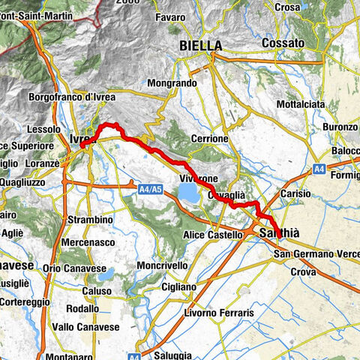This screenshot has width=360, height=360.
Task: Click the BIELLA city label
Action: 201,46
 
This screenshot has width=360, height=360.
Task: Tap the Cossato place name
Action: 283,44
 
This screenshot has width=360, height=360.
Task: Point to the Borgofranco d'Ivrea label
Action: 82,97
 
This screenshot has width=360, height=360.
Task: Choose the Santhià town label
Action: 279,235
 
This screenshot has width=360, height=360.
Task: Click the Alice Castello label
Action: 213,235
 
